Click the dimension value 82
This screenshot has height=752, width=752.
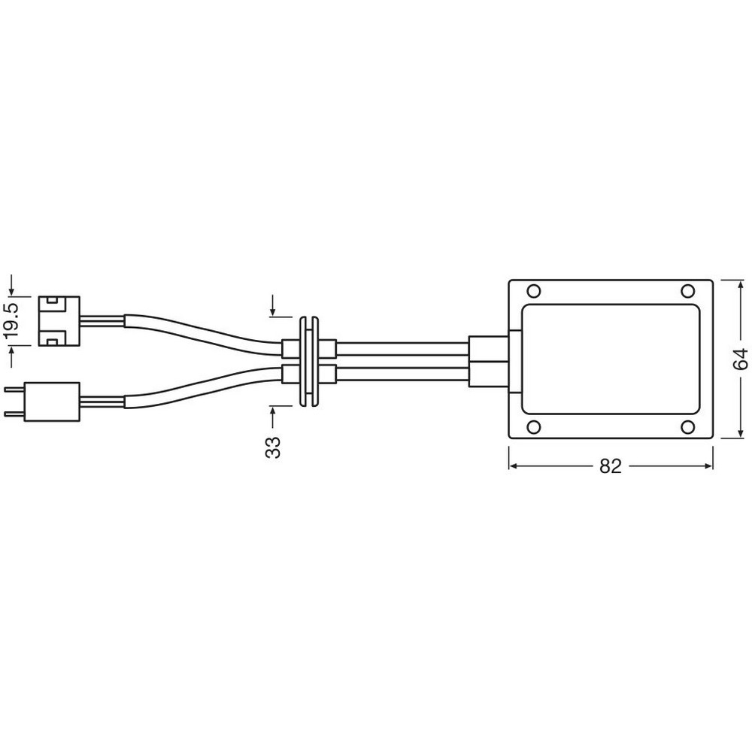pos(610,465)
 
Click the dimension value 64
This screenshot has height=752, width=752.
pos(741,359)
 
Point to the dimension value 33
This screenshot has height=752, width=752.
pos(273,447)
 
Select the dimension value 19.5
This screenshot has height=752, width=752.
pos(12,320)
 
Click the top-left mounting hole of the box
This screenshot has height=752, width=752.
pos(534,291)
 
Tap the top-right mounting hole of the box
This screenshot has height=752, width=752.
pos(688,291)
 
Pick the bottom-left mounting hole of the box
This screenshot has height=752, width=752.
pos(534,426)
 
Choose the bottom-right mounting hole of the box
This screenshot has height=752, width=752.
pos(688,426)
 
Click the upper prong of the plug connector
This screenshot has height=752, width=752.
pos(14,390)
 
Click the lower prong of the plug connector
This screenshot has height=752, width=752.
pos(14,414)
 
